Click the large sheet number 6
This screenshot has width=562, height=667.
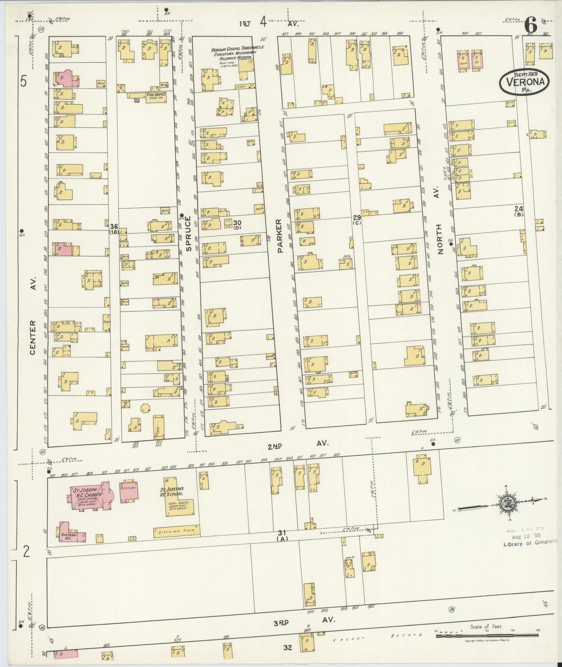530,26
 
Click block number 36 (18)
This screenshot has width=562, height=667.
114,229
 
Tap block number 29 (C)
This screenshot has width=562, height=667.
357,219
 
